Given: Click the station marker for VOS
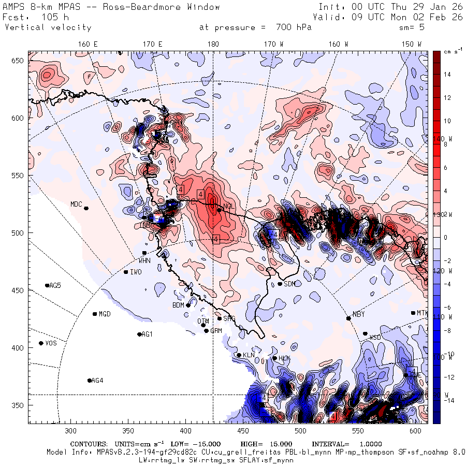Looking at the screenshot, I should coord(41,343).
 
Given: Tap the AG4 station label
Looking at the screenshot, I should coord(97,381).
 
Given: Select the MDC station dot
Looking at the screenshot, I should coord(86,208).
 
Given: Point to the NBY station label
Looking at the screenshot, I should coord(358,314).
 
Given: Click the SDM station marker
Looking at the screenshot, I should coord(280,283).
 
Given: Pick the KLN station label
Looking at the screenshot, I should coord(249,355).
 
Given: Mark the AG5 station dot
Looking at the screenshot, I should coord(47,285).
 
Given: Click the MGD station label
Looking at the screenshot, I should coord(105,314).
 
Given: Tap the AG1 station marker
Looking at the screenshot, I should coord(139,334).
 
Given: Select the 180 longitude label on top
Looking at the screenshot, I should coord(213,45).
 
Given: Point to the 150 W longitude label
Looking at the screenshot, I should coord(412,45).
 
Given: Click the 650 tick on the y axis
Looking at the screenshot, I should coord(19,61).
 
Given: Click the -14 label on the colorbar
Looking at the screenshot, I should coord(448,400).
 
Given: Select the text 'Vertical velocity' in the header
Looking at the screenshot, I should coord(48,27).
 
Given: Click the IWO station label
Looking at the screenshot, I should coord(136,272).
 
